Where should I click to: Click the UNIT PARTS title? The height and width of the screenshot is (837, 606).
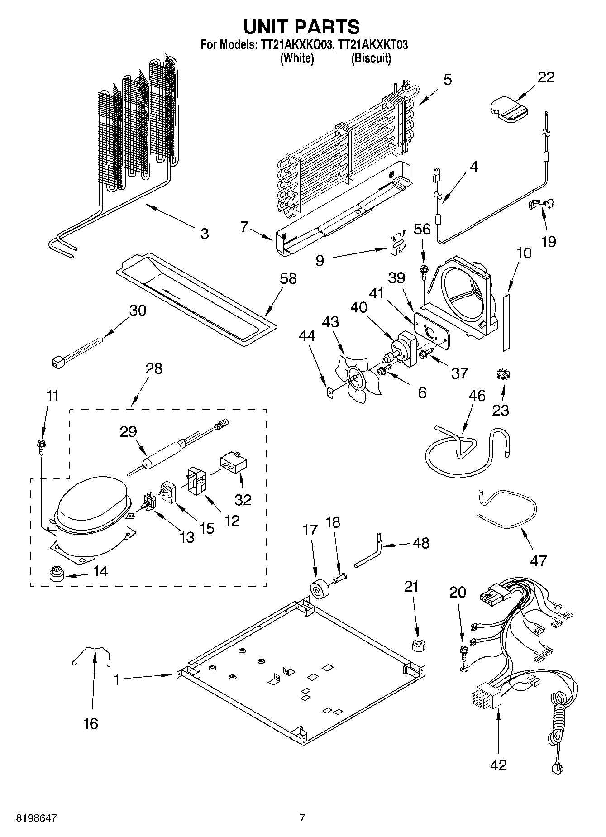click(302, 27)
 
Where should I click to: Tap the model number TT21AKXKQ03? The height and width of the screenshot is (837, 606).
click(296, 45)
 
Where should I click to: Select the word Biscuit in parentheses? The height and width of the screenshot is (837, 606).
click(371, 58)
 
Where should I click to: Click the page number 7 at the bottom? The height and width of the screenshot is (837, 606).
click(302, 817)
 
